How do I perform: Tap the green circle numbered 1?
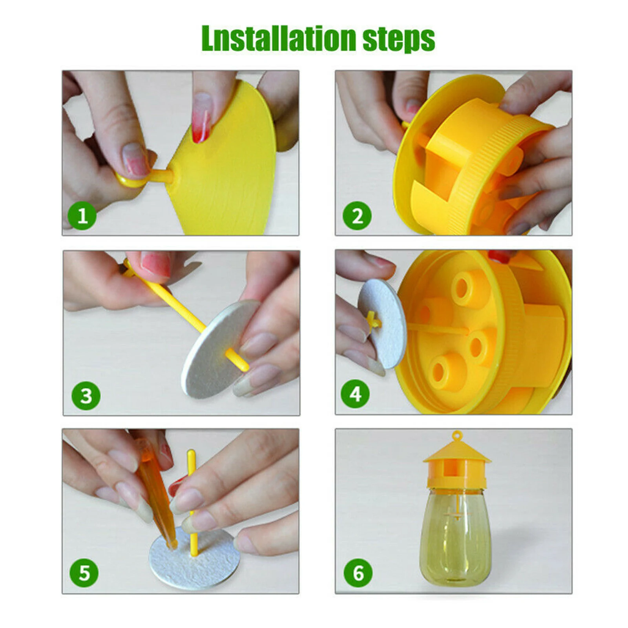pyautogui.click(x=82, y=216)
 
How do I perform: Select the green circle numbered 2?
pyautogui.click(x=357, y=216)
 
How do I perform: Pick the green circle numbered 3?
pyautogui.click(x=86, y=396)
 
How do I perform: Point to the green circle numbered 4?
pyautogui.click(x=355, y=394)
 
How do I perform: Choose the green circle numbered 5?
pyautogui.click(x=84, y=573)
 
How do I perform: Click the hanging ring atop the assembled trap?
pyautogui.click(x=456, y=435)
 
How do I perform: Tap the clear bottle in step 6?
pyautogui.click(x=456, y=542)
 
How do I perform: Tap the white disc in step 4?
pyautogui.click(x=382, y=324)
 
